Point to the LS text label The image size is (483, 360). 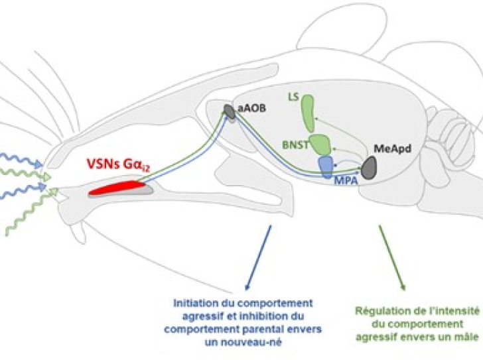coord(294,96)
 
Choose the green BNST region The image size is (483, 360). coord(320,144)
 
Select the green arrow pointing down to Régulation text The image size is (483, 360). coord(391,258)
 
